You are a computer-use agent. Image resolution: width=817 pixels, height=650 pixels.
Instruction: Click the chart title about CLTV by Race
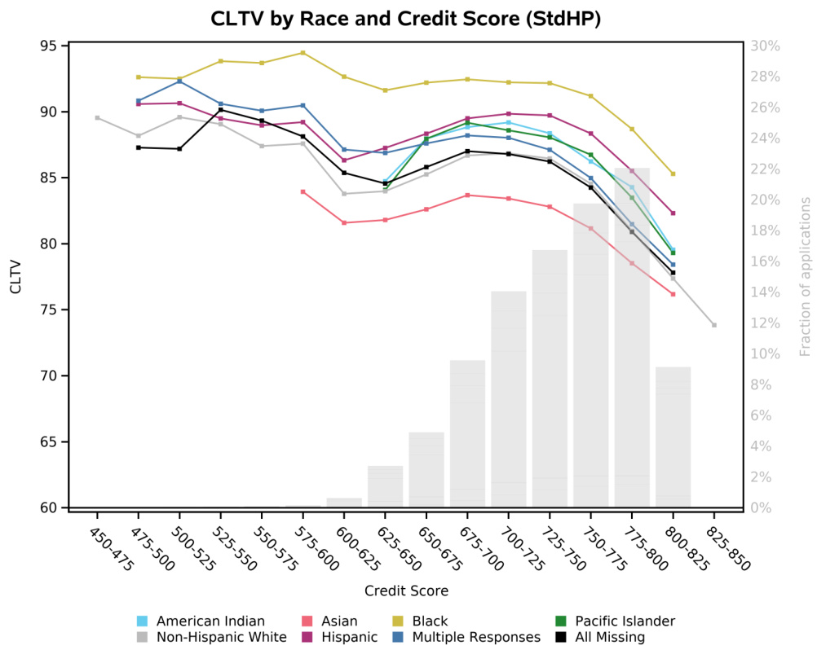click(x=405, y=19)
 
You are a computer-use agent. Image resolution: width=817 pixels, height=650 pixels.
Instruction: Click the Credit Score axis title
click(x=406, y=591)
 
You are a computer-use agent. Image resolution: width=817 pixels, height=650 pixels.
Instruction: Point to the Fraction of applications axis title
click(x=805, y=276)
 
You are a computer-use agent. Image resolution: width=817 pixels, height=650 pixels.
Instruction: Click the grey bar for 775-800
click(x=632, y=337)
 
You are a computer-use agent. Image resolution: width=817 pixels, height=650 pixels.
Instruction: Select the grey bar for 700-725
click(x=508, y=399)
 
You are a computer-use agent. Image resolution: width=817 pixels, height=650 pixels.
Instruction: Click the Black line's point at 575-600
click(x=303, y=53)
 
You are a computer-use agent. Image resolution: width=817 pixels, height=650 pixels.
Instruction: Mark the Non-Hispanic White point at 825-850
click(x=713, y=325)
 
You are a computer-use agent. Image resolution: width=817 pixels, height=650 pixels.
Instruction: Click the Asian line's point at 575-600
click(x=303, y=191)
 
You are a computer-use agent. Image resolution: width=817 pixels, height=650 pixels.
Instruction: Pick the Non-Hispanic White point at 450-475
click(x=97, y=118)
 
